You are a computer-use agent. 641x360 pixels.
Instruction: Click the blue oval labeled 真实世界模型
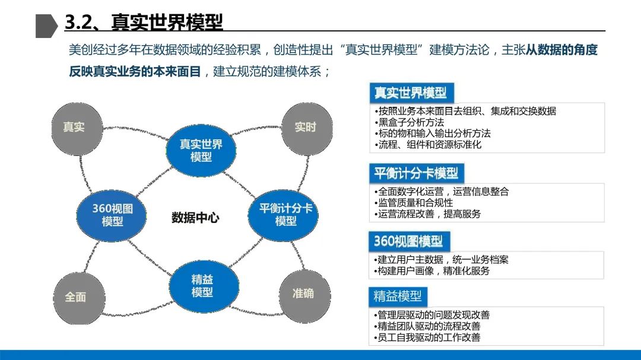201,151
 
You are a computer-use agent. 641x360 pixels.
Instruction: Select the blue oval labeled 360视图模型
112,215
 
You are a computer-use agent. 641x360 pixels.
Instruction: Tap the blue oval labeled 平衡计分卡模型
285,215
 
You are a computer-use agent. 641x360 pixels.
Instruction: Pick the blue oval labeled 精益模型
202,286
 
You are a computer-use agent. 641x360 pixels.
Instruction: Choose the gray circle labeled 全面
75,297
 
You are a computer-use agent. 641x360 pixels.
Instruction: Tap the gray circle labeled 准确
303,294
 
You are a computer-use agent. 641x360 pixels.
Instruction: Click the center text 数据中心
195,218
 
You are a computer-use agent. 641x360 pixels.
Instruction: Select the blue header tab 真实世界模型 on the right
410,93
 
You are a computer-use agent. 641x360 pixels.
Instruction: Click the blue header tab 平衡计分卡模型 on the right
415,173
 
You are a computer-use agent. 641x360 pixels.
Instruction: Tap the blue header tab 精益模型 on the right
398,296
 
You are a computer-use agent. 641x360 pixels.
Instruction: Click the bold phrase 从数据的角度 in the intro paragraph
561,50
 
